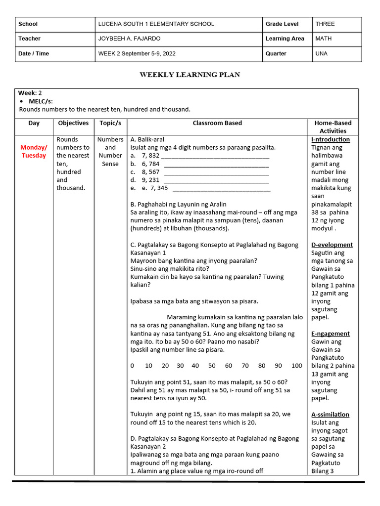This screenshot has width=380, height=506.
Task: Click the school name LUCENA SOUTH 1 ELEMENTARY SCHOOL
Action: click(x=156, y=24)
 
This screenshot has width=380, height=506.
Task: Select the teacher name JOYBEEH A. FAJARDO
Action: click(x=130, y=39)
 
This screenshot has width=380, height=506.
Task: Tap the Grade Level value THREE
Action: click(x=325, y=24)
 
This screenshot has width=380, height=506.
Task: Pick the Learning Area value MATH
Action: click(x=324, y=39)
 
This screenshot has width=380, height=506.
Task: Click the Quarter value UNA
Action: click(x=321, y=53)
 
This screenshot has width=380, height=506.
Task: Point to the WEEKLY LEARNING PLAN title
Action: click(x=190, y=75)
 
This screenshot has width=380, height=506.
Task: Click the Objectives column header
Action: click(x=73, y=123)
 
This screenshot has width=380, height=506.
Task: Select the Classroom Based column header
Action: click(x=217, y=123)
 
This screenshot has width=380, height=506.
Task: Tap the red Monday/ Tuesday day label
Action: click(x=34, y=151)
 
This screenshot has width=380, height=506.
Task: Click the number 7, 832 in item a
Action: click(x=150, y=156)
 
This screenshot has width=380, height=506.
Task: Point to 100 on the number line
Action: click(x=296, y=366)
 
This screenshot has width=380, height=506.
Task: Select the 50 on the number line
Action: click(x=212, y=366)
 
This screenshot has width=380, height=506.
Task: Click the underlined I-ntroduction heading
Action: click(x=331, y=139)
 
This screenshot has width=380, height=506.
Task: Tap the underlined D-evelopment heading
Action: click(x=332, y=245)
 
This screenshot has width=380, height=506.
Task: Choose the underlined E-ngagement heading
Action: click(x=331, y=334)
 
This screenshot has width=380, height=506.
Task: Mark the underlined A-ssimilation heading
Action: click(x=330, y=415)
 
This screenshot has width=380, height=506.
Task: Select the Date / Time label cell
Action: click(x=34, y=53)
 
